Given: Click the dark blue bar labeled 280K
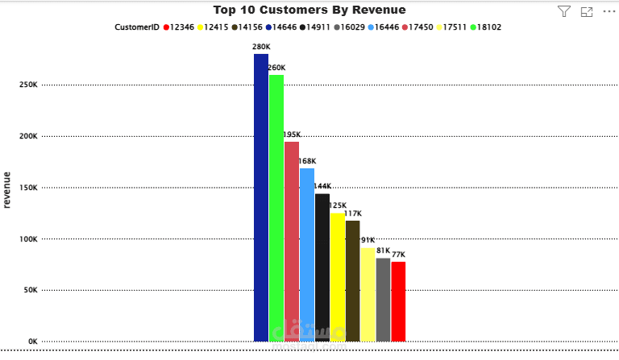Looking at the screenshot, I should coord(261,197).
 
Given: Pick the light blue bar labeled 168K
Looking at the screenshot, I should coord(307,254).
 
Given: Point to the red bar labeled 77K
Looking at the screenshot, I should coord(398,301).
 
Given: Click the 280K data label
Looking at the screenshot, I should coord(261,48).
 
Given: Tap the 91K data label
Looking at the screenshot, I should coord(368,240).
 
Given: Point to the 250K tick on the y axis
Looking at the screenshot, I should coord(27,85).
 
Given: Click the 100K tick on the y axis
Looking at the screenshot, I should coord(27,239).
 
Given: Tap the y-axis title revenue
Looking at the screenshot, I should coord(7,190).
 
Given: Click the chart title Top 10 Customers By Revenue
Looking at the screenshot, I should coord(309,10).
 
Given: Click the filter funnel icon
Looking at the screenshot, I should coord(564,11).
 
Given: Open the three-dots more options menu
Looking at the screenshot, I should coord(609,11).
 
